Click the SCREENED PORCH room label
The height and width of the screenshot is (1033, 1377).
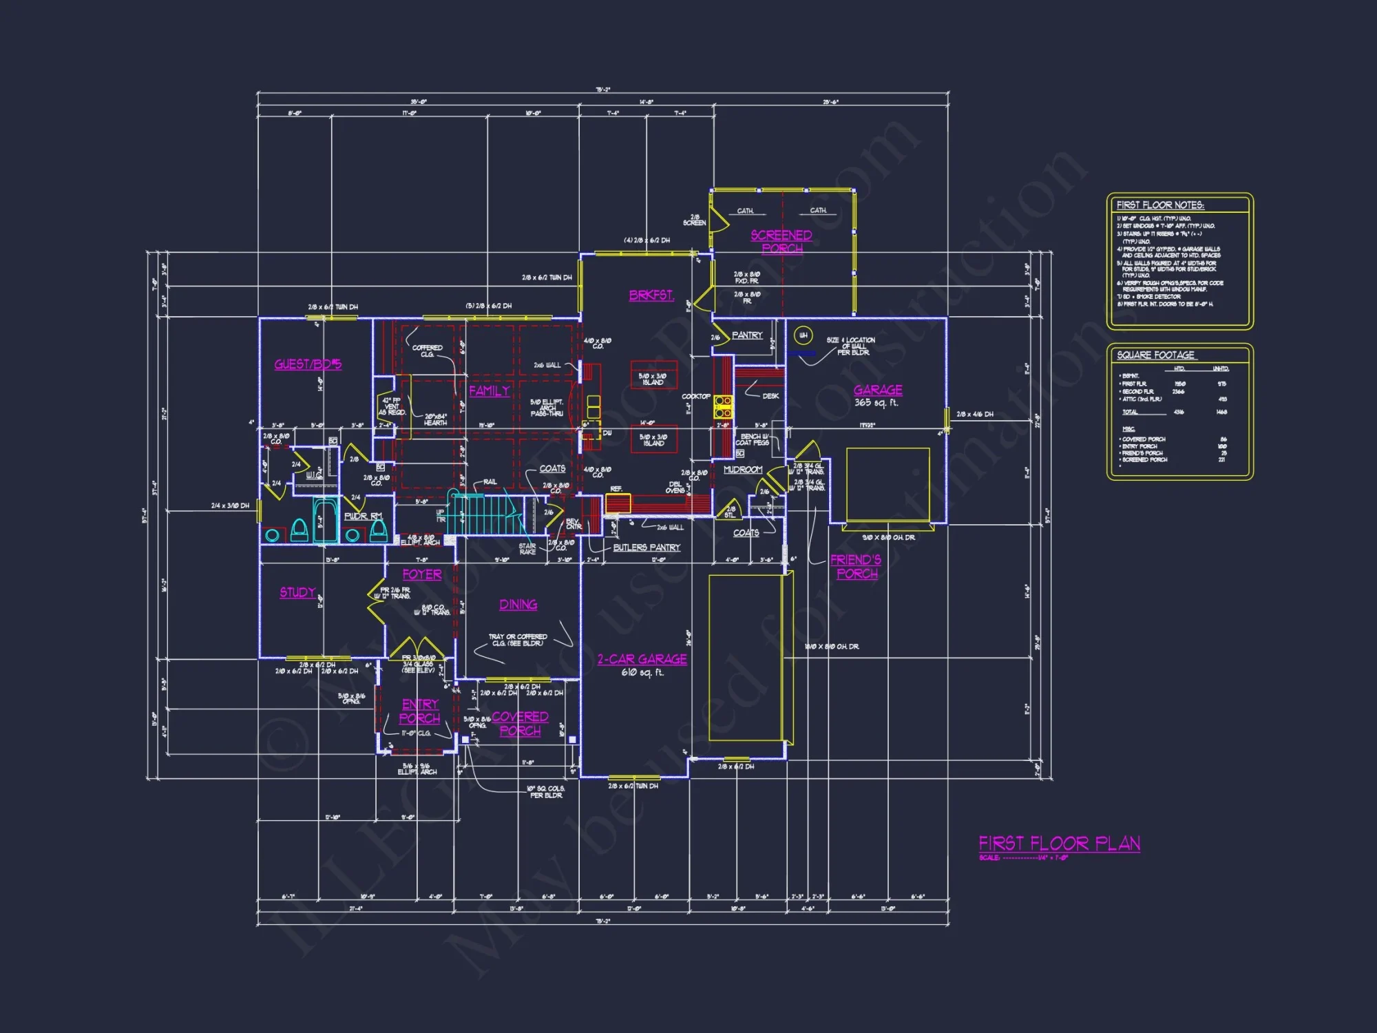point(781,242)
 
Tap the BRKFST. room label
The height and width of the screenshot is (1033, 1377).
point(651,295)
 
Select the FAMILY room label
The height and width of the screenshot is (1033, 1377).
point(490,390)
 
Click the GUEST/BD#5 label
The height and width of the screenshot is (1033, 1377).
point(308,364)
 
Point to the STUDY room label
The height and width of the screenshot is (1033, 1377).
point(297,592)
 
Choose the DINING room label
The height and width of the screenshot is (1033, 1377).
point(518,605)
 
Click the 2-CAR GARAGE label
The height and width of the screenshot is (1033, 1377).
point(642,659)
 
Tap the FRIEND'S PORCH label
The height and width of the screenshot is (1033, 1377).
point(856,567)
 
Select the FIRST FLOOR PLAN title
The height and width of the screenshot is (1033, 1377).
point(1059,844)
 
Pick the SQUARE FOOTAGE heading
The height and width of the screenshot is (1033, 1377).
point(1155,355)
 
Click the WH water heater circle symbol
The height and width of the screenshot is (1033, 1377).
point(803,335)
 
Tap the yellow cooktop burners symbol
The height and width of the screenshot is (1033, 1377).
point(722,406)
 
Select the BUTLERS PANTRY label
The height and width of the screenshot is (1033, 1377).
point(647,547)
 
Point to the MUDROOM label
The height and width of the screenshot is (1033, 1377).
point(743,470)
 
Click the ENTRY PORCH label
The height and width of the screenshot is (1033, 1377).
point(420,711)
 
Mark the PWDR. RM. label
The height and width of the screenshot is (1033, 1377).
point(362,516)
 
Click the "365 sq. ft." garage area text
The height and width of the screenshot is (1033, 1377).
point(876,403)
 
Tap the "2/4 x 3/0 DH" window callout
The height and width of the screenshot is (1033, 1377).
point(230,506)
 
